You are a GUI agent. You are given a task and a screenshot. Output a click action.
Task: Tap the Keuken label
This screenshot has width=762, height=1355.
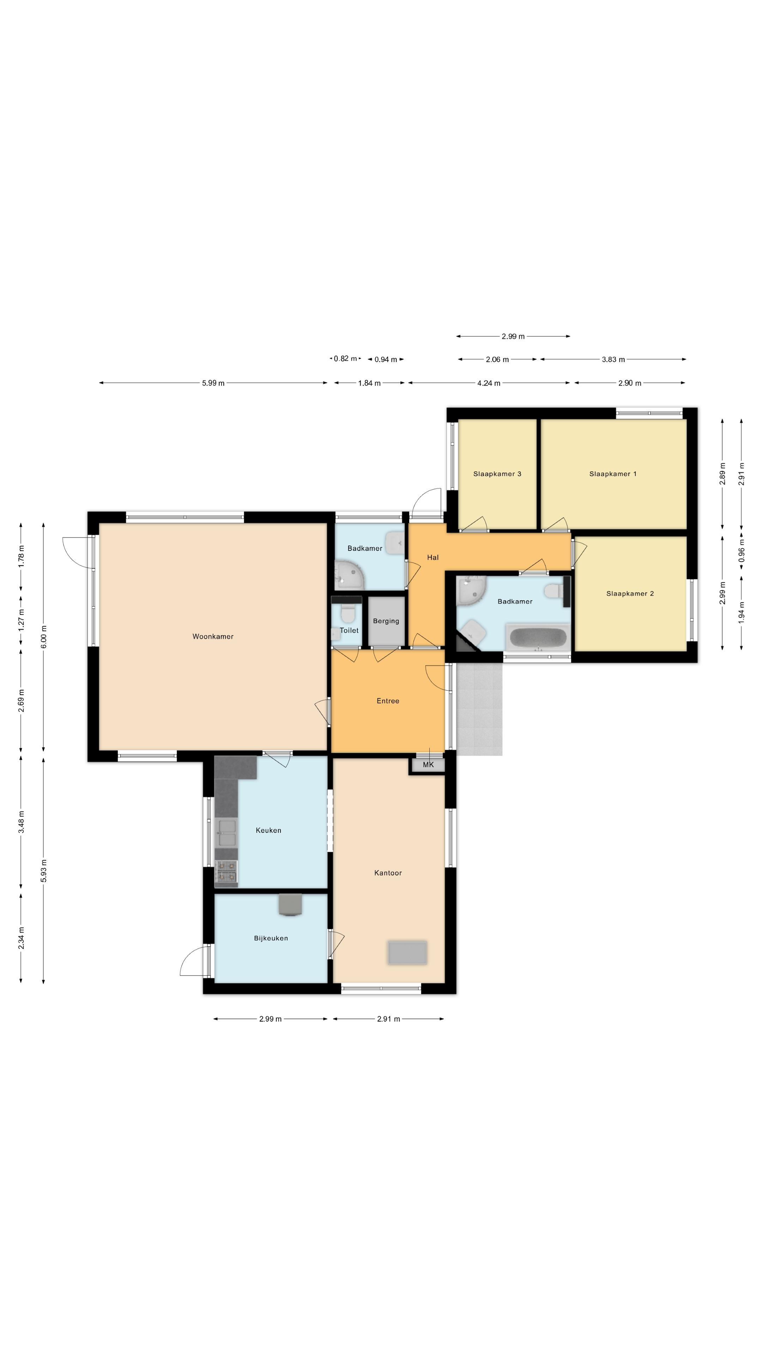(268, 831)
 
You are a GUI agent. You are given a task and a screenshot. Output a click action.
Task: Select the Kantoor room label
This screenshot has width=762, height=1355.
(388, 873)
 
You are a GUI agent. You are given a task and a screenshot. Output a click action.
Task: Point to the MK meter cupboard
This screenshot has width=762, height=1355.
(428, 765)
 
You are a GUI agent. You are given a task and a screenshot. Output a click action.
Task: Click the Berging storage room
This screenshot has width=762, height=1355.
(386, 621)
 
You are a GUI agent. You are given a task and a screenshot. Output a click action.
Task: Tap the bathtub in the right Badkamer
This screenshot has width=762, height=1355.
(537, 638)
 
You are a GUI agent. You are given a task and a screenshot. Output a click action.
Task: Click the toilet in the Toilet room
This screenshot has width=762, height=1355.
(347, 614)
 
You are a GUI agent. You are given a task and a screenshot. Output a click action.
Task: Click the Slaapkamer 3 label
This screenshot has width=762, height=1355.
(497, 474)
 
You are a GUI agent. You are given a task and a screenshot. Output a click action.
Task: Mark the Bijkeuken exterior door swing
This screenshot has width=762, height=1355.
(195, 960)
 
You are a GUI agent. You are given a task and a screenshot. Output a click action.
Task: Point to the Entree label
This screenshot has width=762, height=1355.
(388, 701)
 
